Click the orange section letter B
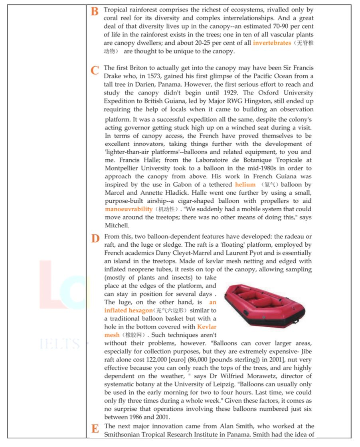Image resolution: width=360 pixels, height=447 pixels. click(x=95, y=12)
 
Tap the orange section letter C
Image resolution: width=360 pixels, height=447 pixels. click(x=95, y=71)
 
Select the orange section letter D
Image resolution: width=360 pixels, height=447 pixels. click(x=95, y=239)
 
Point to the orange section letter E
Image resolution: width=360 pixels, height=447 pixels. click(x=95, y=429)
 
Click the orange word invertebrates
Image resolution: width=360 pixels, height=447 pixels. click(x=272, y=43)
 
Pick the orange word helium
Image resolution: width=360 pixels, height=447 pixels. click(x=245, y=184)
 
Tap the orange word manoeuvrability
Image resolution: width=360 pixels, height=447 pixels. click(x=129, y=209)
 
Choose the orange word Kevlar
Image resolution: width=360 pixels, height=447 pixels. click(x=207, y=326)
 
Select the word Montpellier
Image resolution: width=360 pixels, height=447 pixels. click(x=122, y=168)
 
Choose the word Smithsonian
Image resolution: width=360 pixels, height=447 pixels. click(x=124, y=435)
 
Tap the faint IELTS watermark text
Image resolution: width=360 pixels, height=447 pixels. click(x=60, y=344)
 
